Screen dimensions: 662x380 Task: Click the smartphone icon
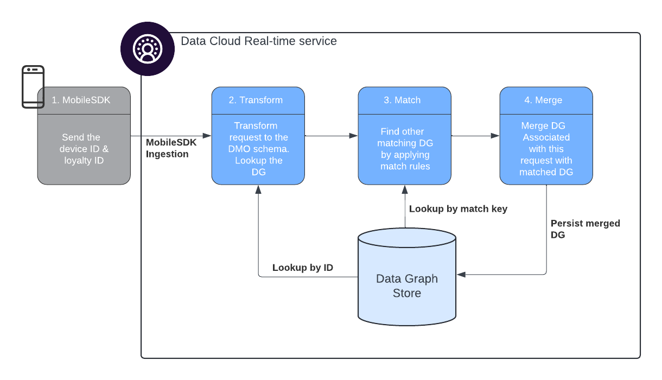pyautogui.click(x=33, y=87)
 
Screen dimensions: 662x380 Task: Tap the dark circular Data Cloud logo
pyautogui.click(x=148, y=49)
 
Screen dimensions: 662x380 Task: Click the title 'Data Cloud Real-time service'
pyautogui.click(x=259, y=41)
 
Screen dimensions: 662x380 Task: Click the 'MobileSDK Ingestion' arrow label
pyautogui.click(x=171, y=148)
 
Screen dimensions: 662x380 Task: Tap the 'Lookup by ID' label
pyautogui.click(x=303, y=268)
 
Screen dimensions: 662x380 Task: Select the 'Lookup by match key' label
pyautogui.click(x=458, y=209)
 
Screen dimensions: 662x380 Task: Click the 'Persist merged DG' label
pyautogui.click(x=585, y=229)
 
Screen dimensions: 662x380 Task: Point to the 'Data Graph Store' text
pyautogui.click(x=407, y=286)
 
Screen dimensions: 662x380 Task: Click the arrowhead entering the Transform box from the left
pyautogui.click(x=207, y=136)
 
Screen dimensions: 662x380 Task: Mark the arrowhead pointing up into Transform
pyautogui.click(x=258, y=189)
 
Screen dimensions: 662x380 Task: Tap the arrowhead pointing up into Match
pyautogui.click(x=405, y=189)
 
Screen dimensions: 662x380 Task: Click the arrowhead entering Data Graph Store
pyautogui.click(x=461, y=275)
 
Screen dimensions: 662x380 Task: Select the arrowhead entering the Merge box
pyautogui.click(x=495, y=136)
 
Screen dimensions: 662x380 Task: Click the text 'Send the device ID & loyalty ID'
pyautogui.click(x=84, y=149)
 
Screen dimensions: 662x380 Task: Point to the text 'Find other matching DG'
pyautogui.click(x=405, y=137)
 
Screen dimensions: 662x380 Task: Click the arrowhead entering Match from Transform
pyautogui.click(x=353, y=136)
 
